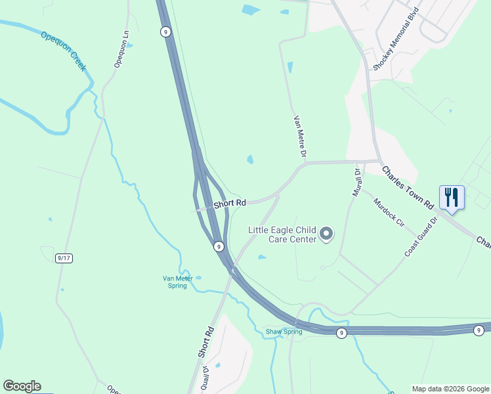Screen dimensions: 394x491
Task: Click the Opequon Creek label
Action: pyautogui.click(x=64, y=51)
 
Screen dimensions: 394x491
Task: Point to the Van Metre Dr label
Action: pyautogui.click(x=300, y=136)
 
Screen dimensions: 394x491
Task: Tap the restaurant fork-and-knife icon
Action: pyautogui.click(x=452, y=197)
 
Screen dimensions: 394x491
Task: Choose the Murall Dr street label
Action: pyautogui.click(x=357, y=181)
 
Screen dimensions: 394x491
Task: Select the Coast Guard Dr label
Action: pyautogui.click(x=421, y=237)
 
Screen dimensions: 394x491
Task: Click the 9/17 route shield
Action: pyautogui.click(x=64, y=258)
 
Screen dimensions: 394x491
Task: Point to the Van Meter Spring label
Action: pyautogui.click(x=175, y=282)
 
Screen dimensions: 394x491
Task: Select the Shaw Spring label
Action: pyautogui.click(x=284, y=332)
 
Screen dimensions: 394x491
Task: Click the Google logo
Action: pyautogui.click(x=22, y=386)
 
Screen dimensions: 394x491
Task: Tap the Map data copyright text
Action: pyautogui.click(x=450, y=389)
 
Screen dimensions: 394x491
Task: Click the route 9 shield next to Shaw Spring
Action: pyautogui.click(x=341, y=334)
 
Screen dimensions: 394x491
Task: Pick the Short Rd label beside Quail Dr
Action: pyautogui.click(x=206, y=342)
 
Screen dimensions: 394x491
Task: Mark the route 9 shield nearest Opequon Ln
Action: pyautogui.click(x=165, y=31)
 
